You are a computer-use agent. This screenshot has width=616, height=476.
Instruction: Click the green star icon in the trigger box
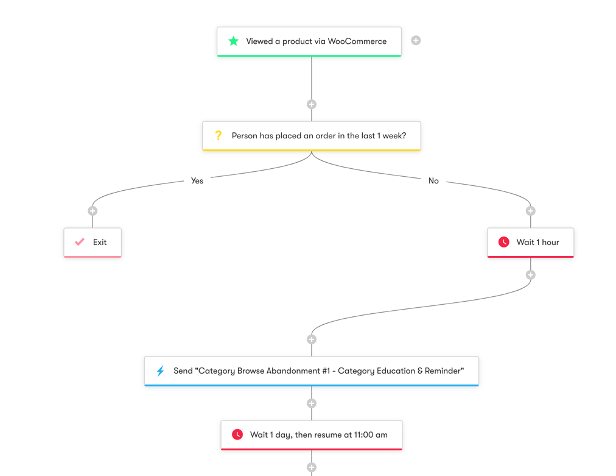tap(233, 41)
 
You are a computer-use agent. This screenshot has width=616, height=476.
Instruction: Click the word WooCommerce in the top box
tap(357, 41)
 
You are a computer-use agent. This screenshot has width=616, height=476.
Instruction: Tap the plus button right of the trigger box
tap(416, 40)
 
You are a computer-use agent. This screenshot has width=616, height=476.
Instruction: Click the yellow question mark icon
tap(218, 135)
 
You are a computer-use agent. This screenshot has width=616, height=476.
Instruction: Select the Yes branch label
tap(197, 180)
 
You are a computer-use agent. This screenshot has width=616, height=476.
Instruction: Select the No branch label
tap(433, 180)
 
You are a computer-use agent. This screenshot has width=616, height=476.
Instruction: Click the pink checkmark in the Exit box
tap(80, 242)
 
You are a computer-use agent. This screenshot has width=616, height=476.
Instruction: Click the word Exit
tap(100, 242)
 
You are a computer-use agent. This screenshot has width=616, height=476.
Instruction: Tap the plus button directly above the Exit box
tap(93, 211)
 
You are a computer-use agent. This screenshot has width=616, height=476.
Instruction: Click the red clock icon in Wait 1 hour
tap(503, 242)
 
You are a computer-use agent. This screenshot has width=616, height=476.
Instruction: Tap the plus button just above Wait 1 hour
tap(531, 211)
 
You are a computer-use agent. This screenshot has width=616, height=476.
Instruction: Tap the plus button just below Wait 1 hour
tap(531, 275)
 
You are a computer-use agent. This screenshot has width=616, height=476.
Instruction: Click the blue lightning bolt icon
tap(160, 371)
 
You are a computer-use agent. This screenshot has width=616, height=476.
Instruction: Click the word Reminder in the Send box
tap(443, 371)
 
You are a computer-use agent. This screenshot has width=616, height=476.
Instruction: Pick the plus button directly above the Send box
tap(312, 339)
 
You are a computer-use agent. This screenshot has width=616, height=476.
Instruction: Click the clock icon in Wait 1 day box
tap(237, 435)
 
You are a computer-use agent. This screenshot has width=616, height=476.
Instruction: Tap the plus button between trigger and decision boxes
tap(312, 104)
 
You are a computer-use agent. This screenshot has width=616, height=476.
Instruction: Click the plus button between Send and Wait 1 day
tap(312, 403)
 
